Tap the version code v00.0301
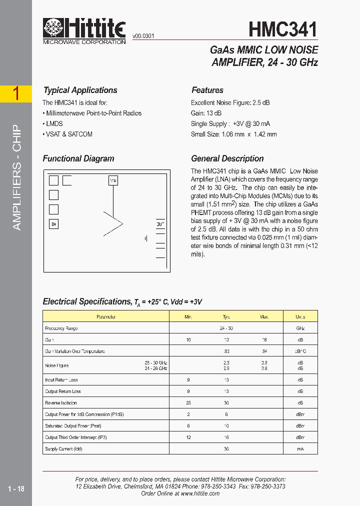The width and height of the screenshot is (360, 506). tap(143, 36)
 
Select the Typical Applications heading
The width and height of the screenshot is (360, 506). tap(80, 90)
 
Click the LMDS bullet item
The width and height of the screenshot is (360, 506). tap(53, 123)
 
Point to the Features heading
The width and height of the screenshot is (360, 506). tap(207, 90)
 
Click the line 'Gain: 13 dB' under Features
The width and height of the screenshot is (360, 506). tap(206, 113)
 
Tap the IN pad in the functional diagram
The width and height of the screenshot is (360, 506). tap(53, 224)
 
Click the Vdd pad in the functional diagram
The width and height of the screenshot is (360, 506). tap(113, 180)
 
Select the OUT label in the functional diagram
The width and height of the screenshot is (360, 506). tap(160, 225)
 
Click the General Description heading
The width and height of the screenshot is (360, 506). tap(227, 158)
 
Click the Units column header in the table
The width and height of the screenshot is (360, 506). tap(300, 316)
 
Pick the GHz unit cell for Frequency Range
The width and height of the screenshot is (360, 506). tap(300, 328)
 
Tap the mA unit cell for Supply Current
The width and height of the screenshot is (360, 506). tap(300, 448)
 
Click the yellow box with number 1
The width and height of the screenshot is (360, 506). tap(16, 93)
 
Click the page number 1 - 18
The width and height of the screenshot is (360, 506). tap(16, 488)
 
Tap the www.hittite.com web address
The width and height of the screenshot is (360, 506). tap(200, 493)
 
